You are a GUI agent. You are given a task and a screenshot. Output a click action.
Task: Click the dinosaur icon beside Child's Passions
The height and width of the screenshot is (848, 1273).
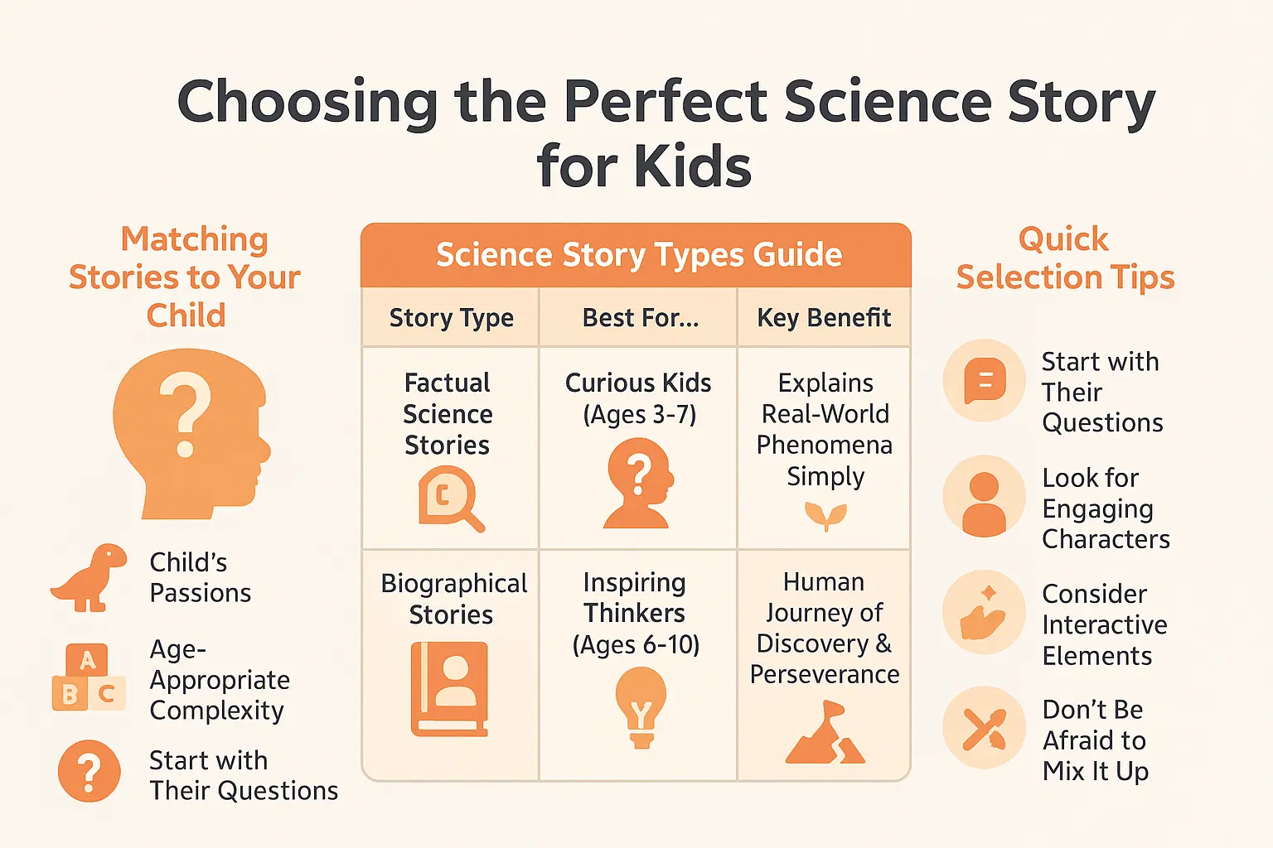tap(88, 577)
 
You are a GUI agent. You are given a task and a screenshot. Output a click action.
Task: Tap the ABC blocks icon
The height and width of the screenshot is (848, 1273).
tap(88, 678)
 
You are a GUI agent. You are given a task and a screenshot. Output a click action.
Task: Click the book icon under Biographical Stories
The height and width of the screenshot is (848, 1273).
tap(450, 689)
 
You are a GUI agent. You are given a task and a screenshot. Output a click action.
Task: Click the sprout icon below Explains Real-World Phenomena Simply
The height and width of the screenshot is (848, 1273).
tap(825, 516)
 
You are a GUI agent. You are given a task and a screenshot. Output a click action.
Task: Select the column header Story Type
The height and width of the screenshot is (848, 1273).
tap(451, 318)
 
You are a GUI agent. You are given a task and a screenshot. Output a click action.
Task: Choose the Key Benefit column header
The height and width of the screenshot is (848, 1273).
tap(824, 318)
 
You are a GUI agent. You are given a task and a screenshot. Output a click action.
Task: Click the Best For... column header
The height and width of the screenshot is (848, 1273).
tap(640, 318)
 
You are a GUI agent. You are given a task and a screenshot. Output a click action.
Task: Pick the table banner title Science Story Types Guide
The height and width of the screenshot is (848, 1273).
tap(638, 255)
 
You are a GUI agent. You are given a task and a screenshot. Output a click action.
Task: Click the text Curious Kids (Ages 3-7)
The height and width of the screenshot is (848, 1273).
tap(638, 398)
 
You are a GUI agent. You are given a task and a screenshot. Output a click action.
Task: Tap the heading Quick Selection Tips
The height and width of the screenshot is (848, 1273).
tap(1065, 258)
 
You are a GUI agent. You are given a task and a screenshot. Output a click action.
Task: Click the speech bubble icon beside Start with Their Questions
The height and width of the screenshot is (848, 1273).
tap(985, 381)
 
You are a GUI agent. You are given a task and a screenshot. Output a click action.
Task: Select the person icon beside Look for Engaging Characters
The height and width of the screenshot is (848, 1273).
tap(984, 497)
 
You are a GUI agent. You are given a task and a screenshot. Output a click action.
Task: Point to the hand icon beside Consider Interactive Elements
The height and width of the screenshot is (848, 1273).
tap(984, 614)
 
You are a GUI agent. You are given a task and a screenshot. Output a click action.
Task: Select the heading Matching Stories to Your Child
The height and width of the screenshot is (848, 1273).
tap(185, 277)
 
